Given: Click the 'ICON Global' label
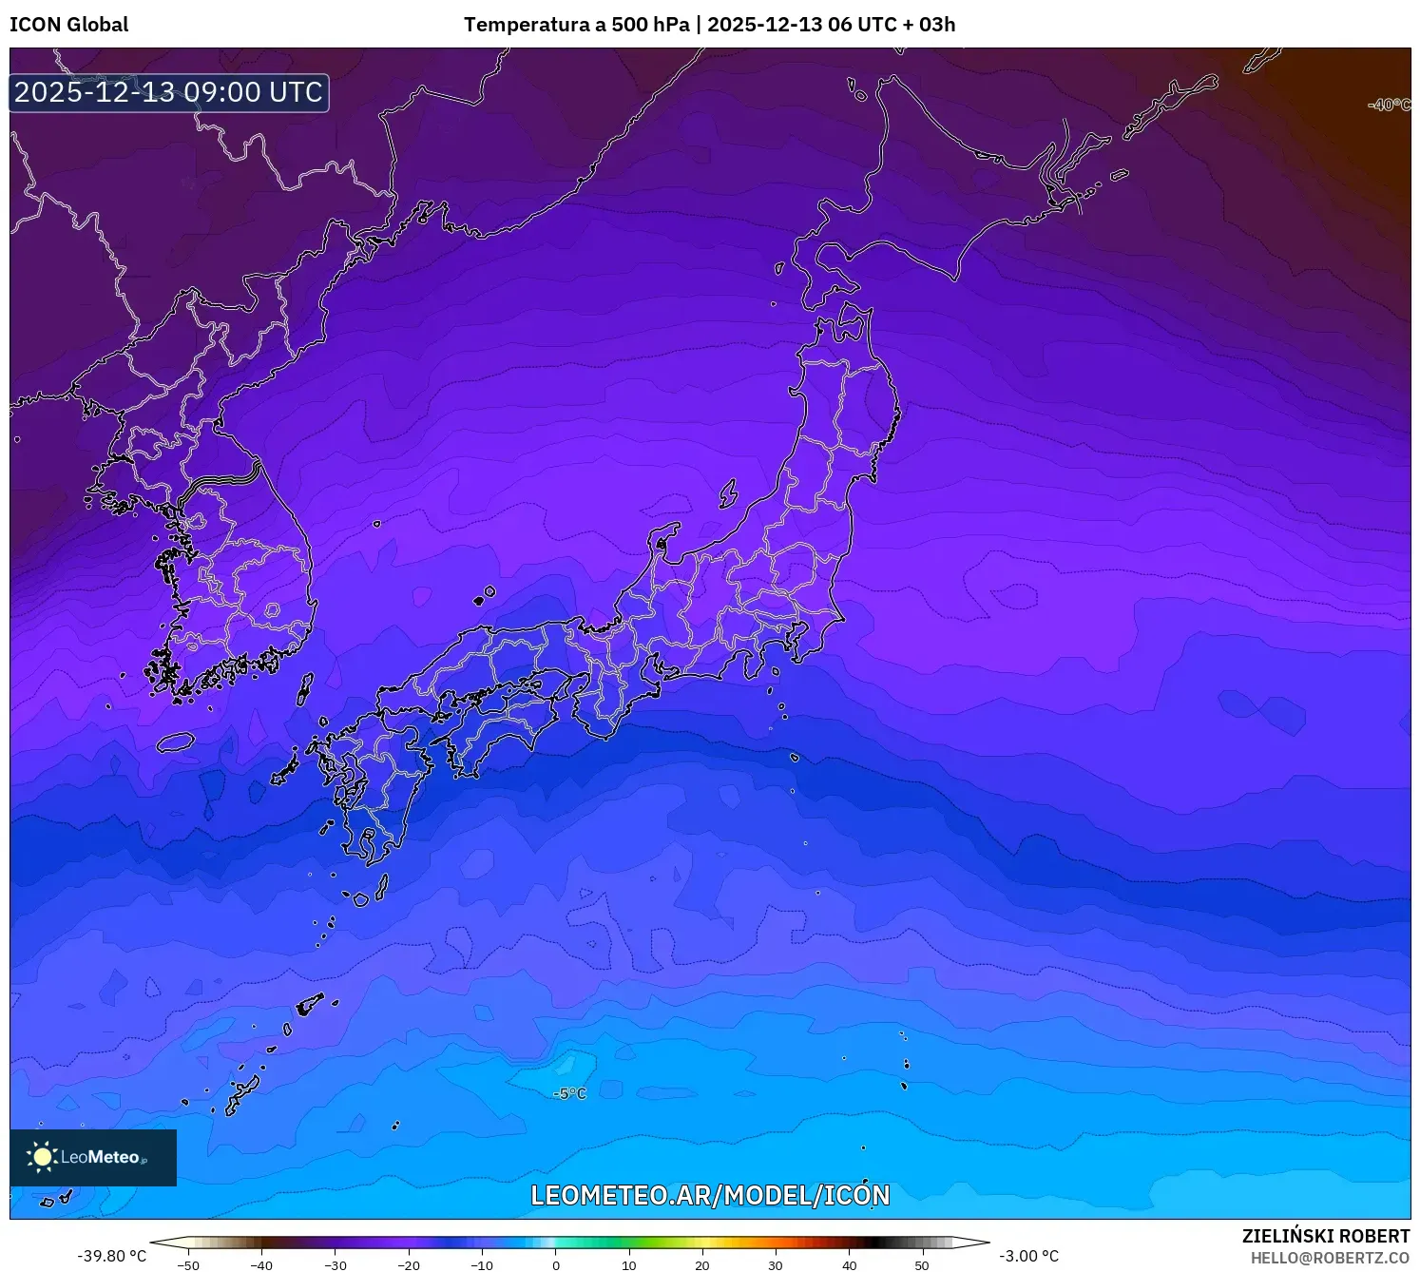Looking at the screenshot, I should [68, 25].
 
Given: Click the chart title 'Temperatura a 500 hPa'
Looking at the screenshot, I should [576, 25].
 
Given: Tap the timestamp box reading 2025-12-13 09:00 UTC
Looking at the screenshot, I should [169, 92].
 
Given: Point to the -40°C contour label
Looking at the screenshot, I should [1389, 105].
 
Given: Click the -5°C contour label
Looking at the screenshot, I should [570, 1094].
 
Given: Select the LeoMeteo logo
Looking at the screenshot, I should [93, 1157].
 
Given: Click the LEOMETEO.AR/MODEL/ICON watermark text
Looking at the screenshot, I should [710, 1195].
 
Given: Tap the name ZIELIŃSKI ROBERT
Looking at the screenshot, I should [1325, 1236].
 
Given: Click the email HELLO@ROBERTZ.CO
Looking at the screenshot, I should [1330, 1258].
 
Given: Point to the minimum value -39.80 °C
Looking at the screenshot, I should [112, 1256].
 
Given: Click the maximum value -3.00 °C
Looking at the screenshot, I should [1028, 1256].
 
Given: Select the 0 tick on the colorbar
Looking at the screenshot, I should [556, 1265].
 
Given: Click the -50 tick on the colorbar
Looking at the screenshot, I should [188, 1265].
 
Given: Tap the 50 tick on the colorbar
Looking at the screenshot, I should [922, 1265].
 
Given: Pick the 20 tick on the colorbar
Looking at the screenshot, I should [702, 1265].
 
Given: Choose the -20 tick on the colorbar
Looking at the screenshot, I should [409, 1265].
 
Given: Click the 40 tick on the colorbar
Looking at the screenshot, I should [849, 1265].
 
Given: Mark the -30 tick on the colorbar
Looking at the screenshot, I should [336, 1265].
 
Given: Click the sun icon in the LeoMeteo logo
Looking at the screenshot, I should [42, 1156].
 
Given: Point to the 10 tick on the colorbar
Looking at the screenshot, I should [629, 1265].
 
